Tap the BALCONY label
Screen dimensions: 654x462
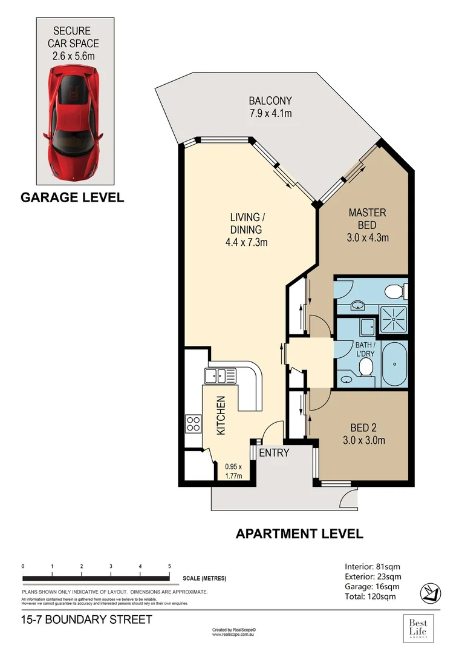tap(270, 101)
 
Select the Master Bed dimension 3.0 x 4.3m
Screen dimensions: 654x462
tap(368, 237)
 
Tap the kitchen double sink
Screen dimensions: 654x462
tap(219, 375)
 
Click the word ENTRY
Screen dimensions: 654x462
tap(274, 452)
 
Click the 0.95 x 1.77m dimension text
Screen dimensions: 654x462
tap(233, 471)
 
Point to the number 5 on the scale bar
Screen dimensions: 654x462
tap(169, 566)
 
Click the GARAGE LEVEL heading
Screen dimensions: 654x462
tap(73, 197)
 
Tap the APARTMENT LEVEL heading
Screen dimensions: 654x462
tap(299, 533)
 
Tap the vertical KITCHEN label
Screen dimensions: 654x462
tap(221, 415)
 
